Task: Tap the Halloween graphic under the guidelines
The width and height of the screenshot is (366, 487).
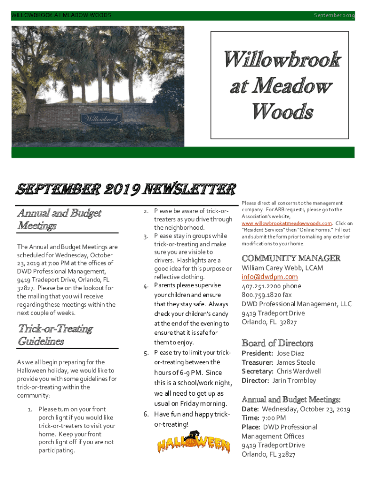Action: click(x=193, y=444)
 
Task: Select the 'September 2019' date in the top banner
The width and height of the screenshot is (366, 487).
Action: click(x=334, y=16)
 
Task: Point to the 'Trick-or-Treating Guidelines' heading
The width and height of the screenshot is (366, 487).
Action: click(x=55, y=335)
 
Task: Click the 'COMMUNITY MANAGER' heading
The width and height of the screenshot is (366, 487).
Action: click(x=291, y=258)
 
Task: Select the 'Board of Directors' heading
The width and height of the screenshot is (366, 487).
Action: click(x=277, y=343)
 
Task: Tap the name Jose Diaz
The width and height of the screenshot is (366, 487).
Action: click(x=290, y=353)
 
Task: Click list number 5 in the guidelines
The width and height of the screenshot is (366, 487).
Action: click(x=146, y=353)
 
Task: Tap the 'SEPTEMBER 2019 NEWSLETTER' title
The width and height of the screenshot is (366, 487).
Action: click(x=125, y=189)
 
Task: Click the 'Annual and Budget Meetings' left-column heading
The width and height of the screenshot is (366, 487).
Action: click(x=59, y=219)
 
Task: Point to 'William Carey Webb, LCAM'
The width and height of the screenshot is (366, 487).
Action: click(x=282, y=268)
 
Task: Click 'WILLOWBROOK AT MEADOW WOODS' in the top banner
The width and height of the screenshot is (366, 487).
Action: click(x=61, y=16)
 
